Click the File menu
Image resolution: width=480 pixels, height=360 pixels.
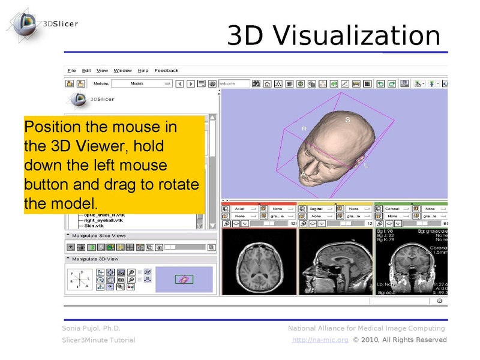pos(71,71)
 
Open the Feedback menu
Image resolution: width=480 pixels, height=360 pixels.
pos(166,71)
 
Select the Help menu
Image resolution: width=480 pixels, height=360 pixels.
pos(143,71)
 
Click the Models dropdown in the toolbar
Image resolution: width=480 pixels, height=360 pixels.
pos(142,84)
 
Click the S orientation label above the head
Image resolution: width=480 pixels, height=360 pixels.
pos(347,120)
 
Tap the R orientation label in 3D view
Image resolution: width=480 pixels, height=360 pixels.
pos(304,129)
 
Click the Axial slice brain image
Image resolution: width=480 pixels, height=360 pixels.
pos(259,262)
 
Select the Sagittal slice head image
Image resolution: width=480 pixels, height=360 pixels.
pos(335,262)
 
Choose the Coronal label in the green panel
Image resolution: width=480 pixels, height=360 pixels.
pos(392,208)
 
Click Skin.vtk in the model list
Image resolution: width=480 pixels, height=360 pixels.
pos(94,226)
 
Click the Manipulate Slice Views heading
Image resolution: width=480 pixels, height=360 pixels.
pos(99,236)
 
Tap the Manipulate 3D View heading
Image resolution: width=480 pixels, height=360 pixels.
pos(95,259)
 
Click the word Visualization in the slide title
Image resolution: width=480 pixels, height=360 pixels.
pos(358,36)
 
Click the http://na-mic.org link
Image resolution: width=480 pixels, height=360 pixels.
pos(320,340)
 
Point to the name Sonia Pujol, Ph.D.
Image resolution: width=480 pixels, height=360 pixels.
pos(91,328)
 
